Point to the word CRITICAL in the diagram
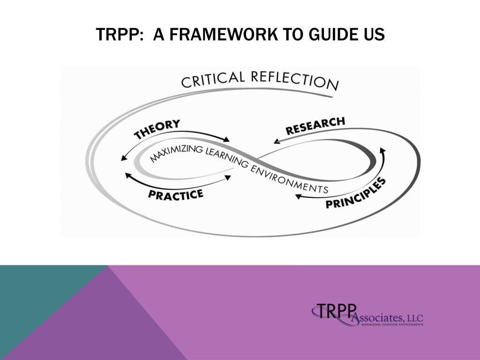click(213, 79)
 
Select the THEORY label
click(157, 129)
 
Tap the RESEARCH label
click(315, 126)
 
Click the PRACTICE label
click(176, 194)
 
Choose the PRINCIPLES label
click(356, 193)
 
